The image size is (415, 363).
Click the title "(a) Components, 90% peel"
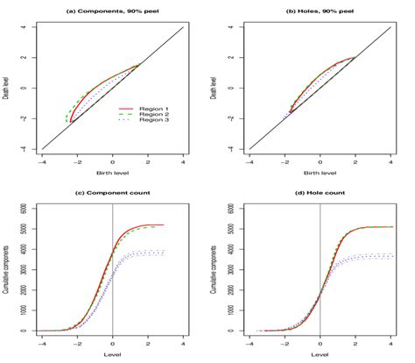pyautogui.click(x=112, y=8)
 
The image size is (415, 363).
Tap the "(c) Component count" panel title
pyautogui.click(x=112, y=192)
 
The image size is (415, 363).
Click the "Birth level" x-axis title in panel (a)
pyautogui.click(x=112, y=174)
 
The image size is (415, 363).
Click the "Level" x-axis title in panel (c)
pyautogui.click(x=112, y=357)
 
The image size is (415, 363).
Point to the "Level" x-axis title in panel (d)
pyautogui.click(x=320, y=357)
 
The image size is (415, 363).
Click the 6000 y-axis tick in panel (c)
pyautogui.click(x=26, y=207)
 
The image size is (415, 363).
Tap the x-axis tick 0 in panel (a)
pyautogui.click(x=112, y=161)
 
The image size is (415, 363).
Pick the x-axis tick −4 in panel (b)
pyautogui.click(x=250, y=161)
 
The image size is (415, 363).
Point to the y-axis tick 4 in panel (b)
pyautogui.click(x=234, y=26)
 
